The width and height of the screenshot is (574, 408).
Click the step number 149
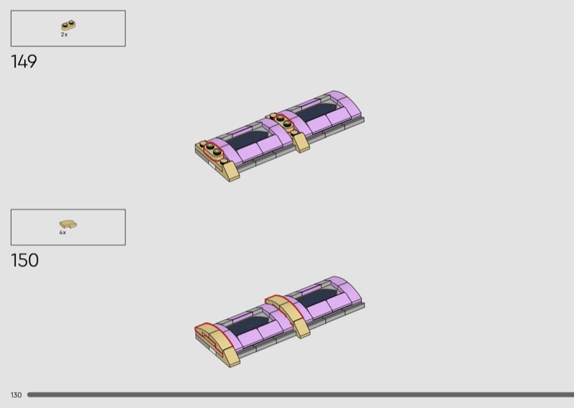coord(24,62)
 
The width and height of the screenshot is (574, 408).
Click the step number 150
coord(25,260)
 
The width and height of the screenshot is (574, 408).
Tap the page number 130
coord(16,395)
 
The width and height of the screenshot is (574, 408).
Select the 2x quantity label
coord(64,34)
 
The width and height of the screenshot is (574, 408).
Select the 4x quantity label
coord(62,233)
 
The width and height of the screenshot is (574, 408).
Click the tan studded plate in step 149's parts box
coord(68,25)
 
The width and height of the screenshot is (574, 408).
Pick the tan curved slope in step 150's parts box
coord(68,223)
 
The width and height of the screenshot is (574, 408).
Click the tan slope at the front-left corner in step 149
coord(230,171)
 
